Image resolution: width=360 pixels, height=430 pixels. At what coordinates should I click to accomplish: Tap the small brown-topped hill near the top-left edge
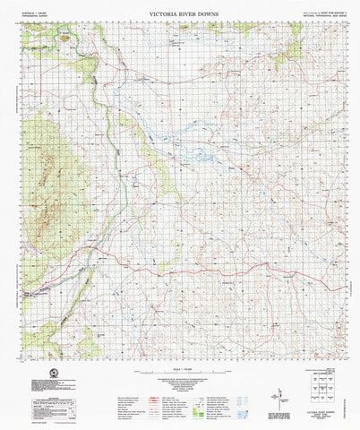(x=64, y=36)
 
